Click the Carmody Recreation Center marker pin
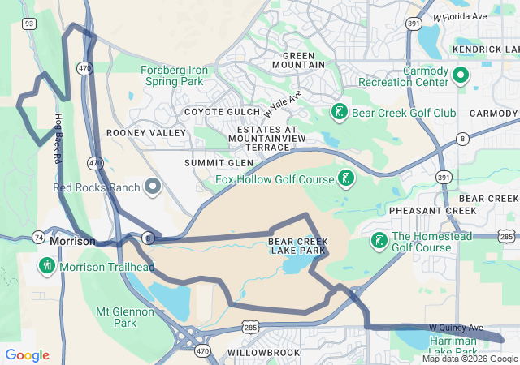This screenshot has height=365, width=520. click(460, 76)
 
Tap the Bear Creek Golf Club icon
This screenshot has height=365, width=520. click(340, 111)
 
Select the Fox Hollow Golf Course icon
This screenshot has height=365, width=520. click(346, 178)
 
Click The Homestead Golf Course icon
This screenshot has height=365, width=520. click(379, 241)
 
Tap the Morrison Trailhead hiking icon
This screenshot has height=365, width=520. click(47, 265)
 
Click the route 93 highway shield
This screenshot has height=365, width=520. click(29, 24)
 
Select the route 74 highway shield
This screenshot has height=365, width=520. click(38, 237)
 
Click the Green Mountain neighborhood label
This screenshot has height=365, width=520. click(298, 59)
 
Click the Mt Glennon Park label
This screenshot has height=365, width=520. click(125, 317)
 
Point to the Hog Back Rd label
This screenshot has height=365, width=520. click(58, 139)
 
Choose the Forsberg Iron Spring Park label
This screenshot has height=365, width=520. click(175, 75)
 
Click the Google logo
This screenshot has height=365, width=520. click(28, 355)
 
